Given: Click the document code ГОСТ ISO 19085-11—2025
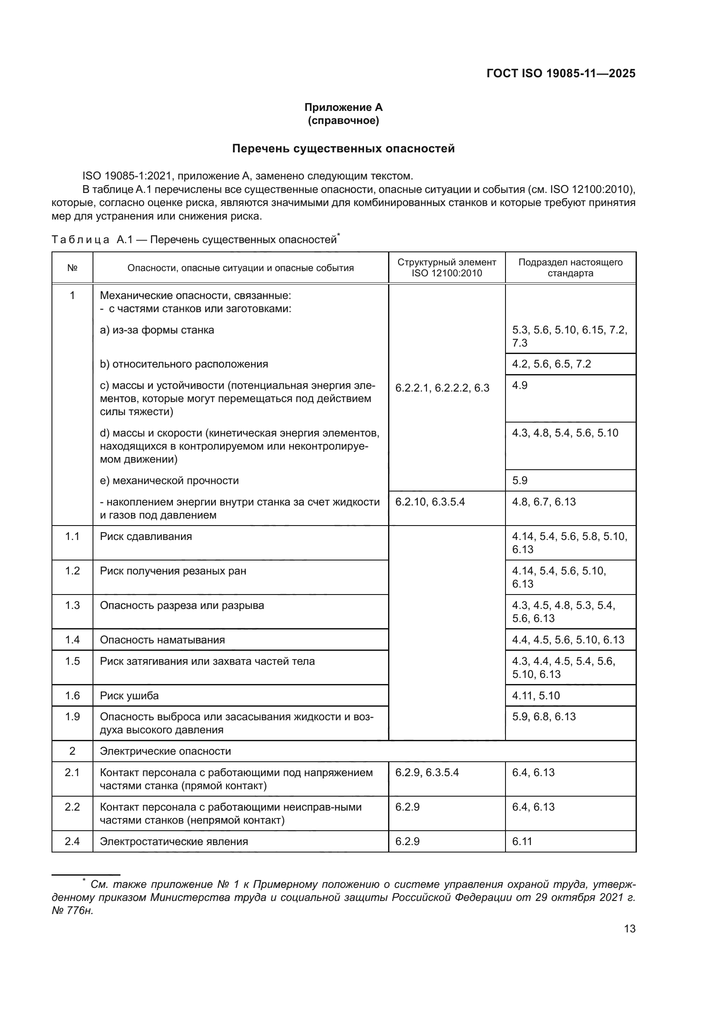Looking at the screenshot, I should (x=560, y=73).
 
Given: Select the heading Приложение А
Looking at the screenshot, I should (x=343, y=107).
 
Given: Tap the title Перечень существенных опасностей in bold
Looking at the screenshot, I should (x=343, y=148).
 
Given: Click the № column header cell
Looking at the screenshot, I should (x=72, y=268).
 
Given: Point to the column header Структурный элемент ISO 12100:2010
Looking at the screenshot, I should (x=447, y=268).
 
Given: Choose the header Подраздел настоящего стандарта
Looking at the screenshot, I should (x=571, y=268).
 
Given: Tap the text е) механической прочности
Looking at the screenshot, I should (x=169, y=481).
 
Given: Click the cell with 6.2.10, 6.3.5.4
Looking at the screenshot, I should (x=430, y=502).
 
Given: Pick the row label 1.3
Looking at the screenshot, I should (x=72, y=605).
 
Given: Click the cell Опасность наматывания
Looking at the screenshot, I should (x=162, y=640).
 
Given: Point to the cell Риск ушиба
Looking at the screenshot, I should (x=129, y=695).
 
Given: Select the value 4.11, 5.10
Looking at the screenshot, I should (x=536, y=695).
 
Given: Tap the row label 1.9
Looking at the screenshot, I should (x=72, y=717).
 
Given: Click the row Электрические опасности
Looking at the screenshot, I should (x=165, y=751).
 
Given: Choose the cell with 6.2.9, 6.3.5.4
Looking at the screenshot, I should (x=427, y=773).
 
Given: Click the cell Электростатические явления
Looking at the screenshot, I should (x=174, y=841).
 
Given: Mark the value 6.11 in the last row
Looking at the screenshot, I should (x=522, y=841).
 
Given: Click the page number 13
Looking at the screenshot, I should (x=629, y=928).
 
